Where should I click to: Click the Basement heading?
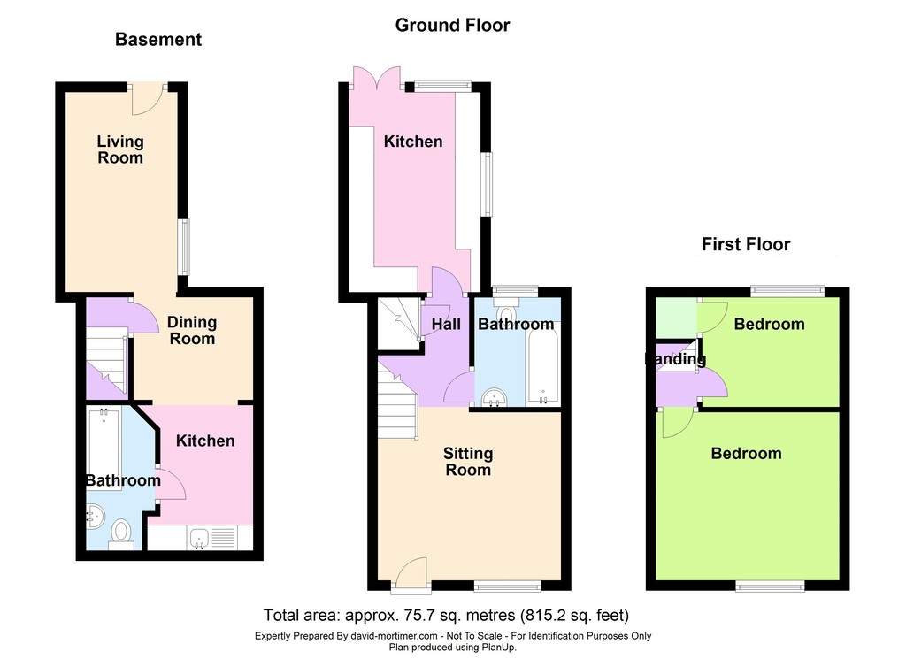(x=158, y=39)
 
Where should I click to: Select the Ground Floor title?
(x=452, y=25)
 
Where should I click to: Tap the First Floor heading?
(x=746, y=244)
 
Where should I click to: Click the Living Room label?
(x=120, y=149)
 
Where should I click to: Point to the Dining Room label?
(x=192, y=330)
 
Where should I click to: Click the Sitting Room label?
(x=468, y=462)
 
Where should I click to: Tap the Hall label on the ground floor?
(x=446, y=324)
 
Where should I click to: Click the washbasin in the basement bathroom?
(x=94, y=516)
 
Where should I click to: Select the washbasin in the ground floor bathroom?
(x=494, y=397)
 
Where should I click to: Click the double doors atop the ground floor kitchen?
(x=377, y=77)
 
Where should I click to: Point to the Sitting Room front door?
(x=411, y=575)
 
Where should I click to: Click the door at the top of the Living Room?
(x=148, y=99)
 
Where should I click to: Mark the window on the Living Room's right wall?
(x=184, y=247)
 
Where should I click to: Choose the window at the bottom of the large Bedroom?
(x=771, y=586)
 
